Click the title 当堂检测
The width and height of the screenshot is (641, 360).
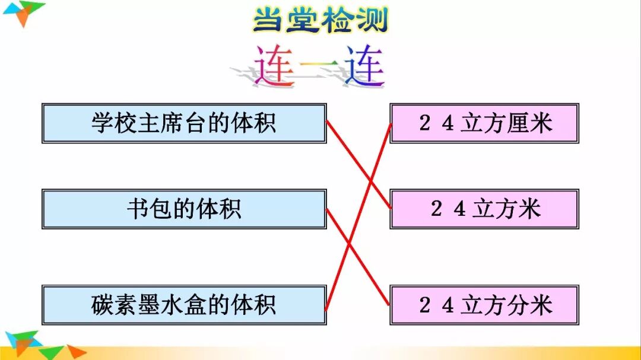320,20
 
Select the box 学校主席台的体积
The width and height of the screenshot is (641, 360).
184,123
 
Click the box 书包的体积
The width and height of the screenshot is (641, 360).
184,209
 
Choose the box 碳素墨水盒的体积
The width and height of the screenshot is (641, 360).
184,305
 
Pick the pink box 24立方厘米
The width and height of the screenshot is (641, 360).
484,123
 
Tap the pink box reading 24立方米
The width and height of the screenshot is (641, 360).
484,209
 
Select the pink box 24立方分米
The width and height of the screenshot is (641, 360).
484,305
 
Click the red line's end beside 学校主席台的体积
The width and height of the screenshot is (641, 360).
328,122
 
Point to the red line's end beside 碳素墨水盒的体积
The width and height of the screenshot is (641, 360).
327,308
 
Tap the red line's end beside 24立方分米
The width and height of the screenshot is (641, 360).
389,304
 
